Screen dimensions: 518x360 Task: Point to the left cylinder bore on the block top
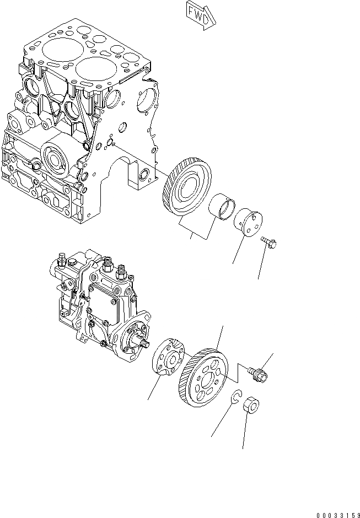click(x=57, y=51)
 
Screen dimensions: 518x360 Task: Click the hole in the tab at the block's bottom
click(x=144, y=176)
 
